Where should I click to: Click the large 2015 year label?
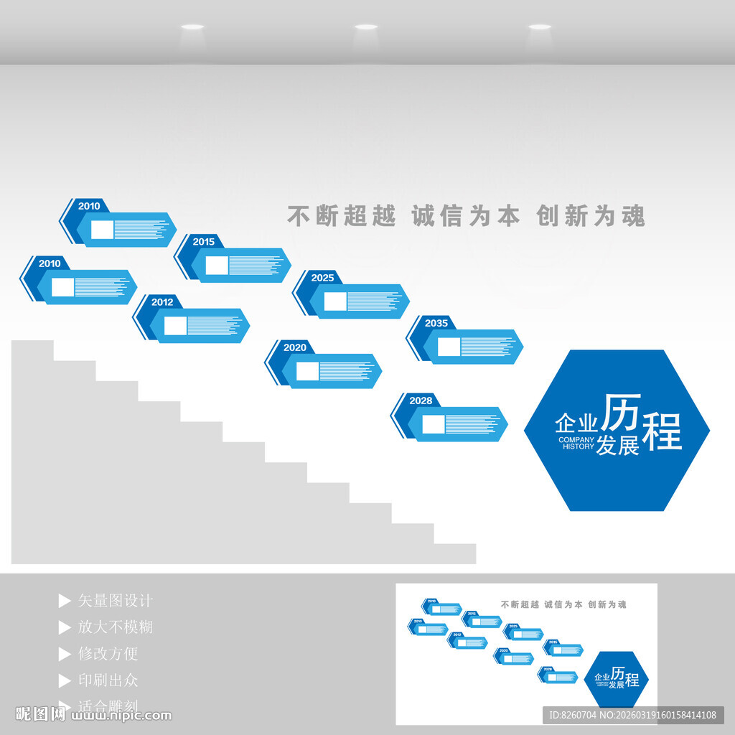pos(203,242)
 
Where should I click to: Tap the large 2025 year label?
pos(322,278)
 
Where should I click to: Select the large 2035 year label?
pos(436,323)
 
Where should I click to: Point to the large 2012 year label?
pos(162,302)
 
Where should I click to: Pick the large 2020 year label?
pos(294,347)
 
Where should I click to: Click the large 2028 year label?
pos(421,401)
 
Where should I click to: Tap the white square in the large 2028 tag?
pos(433,424)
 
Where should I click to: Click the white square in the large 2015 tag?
pos(217,266)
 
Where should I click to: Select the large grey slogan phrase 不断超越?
pos(342,216)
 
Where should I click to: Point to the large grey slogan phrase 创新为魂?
pos(591,216)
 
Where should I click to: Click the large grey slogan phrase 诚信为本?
pos(466,216)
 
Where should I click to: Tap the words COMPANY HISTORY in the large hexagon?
pos(576,443)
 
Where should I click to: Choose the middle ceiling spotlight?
pos(365,27)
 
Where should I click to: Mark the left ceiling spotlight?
pos(192,27)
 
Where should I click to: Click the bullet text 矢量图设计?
pos(116,601)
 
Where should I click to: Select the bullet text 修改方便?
pos(108,654)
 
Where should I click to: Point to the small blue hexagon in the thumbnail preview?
pos(616,679)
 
